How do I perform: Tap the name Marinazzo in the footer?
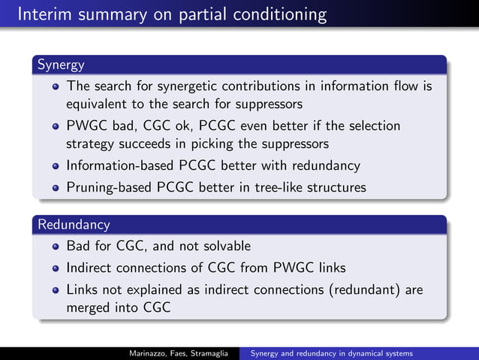pos(147,352)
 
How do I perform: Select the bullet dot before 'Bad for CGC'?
pos(56,246)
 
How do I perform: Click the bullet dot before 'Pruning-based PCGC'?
pos(56,187)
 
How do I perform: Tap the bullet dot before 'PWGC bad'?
pos(56,126)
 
